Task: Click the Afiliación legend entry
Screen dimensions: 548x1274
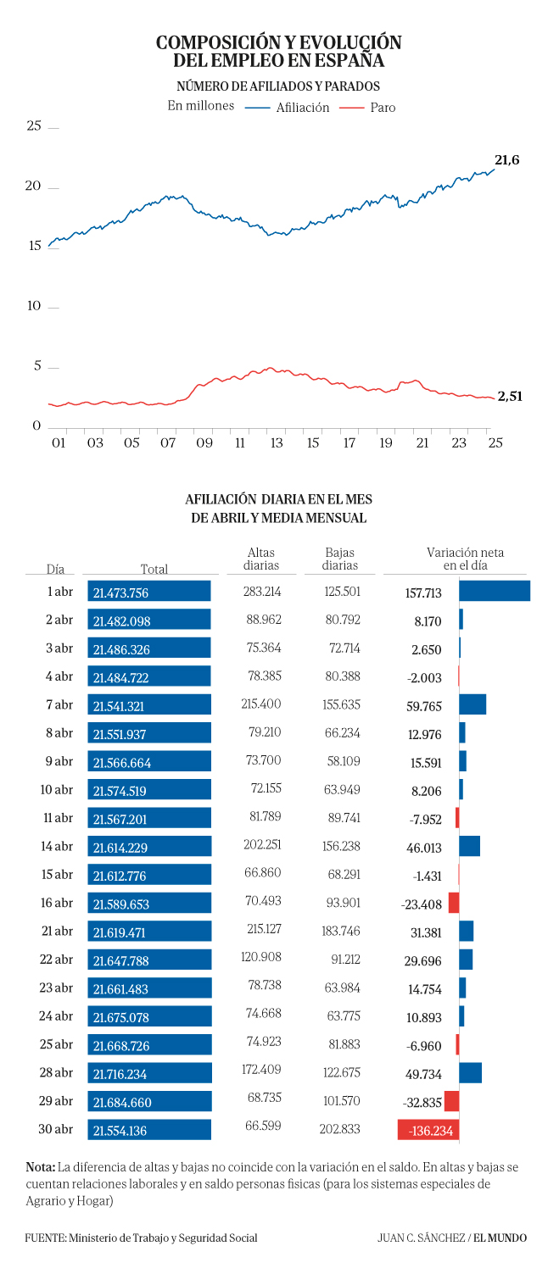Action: click(x=287, y=108)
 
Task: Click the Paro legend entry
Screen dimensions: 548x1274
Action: click(x=367, y=108)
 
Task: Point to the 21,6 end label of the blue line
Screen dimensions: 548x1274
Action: click(x=506, y=160)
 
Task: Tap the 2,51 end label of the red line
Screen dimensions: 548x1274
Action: click(x=510, y=397)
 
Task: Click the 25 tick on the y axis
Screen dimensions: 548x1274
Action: click(x=34, y=125)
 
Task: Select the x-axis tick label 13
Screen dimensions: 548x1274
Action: click(x=277, y=443)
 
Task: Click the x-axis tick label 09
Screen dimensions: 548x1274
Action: click(x=204, y=443)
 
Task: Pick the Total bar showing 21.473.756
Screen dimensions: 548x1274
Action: click(x=149, y=591)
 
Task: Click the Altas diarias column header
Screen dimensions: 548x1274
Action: click(x=261, y=559)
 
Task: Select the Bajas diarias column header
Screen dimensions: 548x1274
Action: click(x=339, y=559)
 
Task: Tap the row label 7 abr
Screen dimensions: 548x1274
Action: click(x=59, y=704)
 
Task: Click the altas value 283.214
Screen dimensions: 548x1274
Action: click(x=262, y=592)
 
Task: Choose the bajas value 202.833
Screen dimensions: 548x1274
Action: click(x=339, y=1129)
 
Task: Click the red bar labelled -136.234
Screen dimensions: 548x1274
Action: click(x=428, y=1130)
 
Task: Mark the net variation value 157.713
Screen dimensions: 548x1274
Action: click(x=422, y=593)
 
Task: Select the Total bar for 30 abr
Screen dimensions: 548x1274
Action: click(x=149, y=1130)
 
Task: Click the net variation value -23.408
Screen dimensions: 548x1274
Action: click(x=421, y=904)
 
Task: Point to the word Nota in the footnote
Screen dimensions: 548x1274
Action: click(x=40, y=1167)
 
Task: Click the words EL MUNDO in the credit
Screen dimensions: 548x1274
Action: click(x=500, y=1238)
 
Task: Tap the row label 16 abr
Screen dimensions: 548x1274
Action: click(x=56, y=903)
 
